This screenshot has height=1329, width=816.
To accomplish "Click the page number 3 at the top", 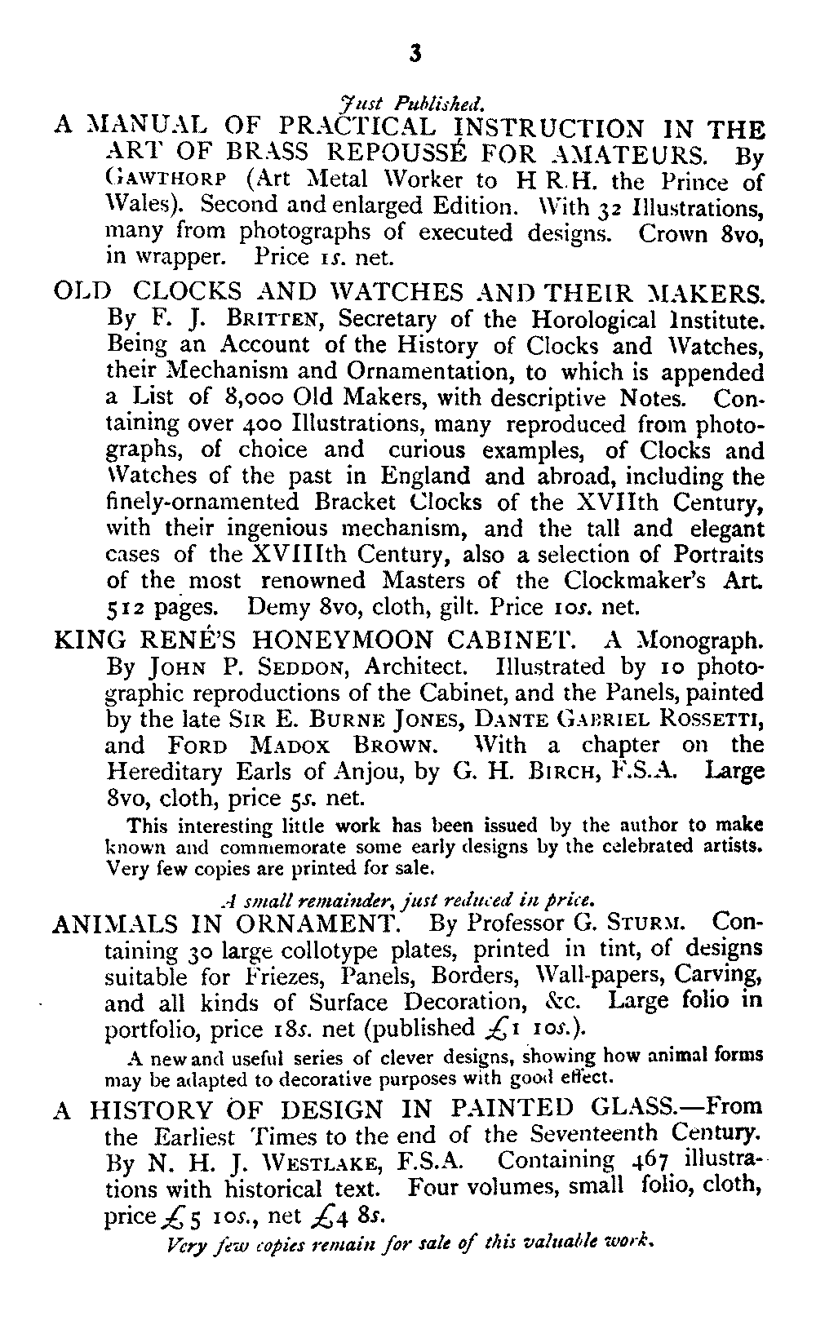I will [x=415, y=53].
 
